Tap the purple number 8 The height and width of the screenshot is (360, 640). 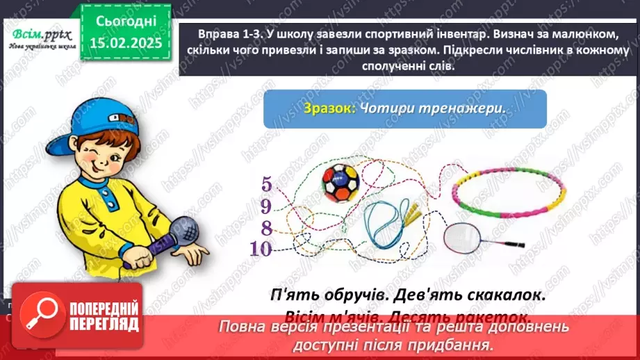(x=266, y=227)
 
